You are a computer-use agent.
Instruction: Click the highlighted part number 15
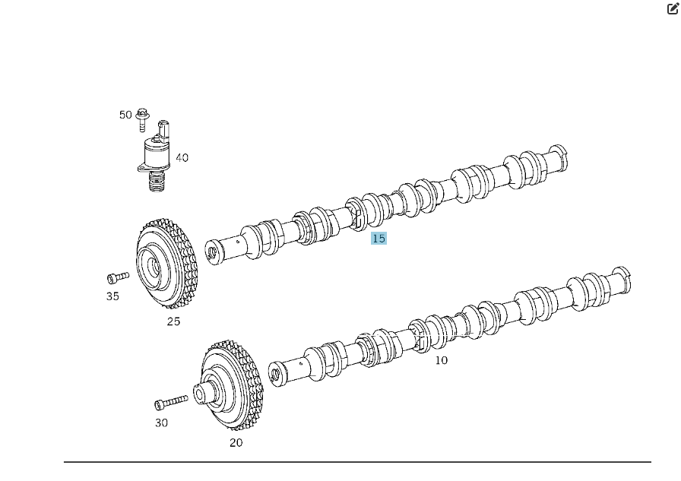[379, 239]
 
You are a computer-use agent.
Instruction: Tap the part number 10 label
[441, 360]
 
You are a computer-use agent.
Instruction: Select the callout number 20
[236, 442]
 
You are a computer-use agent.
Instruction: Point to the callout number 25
[173, 321]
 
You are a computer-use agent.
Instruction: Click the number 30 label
[161, 422]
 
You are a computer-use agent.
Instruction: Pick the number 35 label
[112, 296]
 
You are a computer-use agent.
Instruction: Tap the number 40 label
[182, 158]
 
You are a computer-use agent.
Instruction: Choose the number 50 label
[125, 115]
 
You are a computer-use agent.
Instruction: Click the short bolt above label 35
[118, 277]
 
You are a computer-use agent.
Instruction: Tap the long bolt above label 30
[171, 402]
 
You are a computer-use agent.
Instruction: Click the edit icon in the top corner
[673, 9]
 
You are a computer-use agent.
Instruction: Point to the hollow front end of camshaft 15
[214, 252]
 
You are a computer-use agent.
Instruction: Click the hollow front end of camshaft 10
[277, 374]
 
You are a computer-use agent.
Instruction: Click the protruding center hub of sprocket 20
[201, 394]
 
